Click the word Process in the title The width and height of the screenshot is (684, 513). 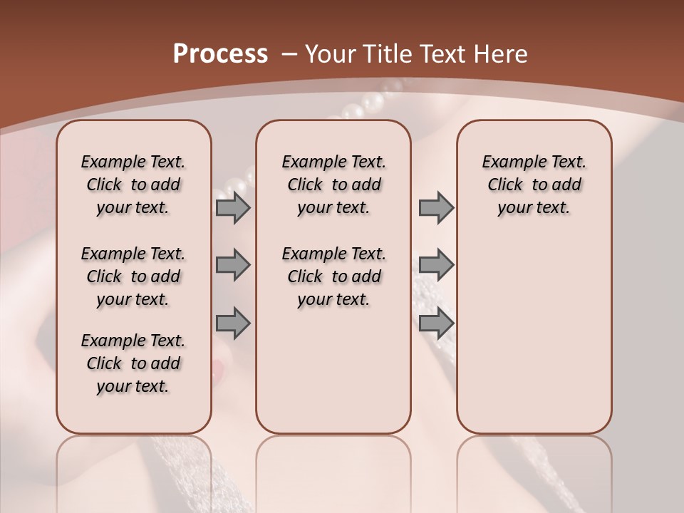click(220, 54)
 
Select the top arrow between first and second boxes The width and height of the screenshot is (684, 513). click(233, 207)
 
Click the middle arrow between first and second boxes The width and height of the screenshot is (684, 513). click(233, 265)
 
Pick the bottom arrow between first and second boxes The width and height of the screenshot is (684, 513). click(233, 323)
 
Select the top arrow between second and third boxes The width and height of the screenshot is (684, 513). click(436, 207)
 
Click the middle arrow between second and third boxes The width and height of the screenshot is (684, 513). click(436, 265)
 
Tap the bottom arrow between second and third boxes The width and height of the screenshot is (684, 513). click(436, 323)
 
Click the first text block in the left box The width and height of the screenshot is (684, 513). click(133, 185)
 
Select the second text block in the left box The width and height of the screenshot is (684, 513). click(133, 276)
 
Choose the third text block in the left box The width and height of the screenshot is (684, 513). click(133, 363)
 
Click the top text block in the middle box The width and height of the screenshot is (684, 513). click(333, 185)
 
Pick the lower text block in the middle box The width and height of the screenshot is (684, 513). click(333, 276)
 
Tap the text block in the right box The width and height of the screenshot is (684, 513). click(534, 185)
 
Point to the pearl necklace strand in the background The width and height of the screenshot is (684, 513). click(363, 107)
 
